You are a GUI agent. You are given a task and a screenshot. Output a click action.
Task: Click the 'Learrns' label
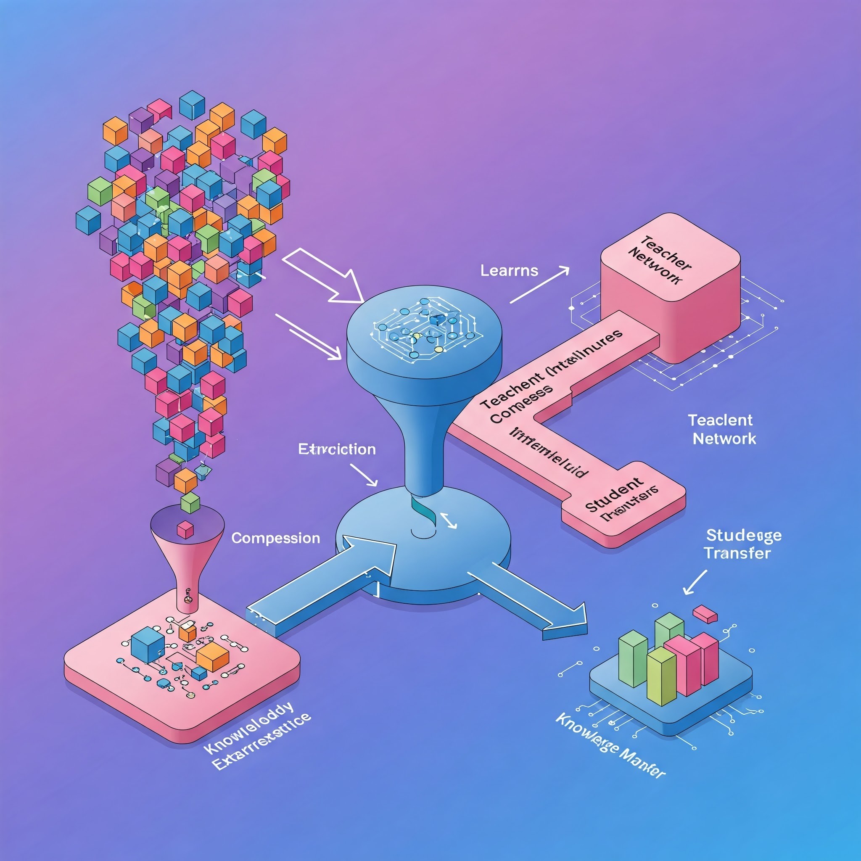pos(509,270)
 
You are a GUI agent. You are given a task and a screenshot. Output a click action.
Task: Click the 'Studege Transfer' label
pos(743,544)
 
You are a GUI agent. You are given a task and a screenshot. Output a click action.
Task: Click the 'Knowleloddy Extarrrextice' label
pos(256,734)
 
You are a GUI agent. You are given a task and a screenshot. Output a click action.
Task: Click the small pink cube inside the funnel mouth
pos(185,529)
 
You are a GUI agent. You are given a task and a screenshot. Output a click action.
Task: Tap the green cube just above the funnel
pos(190,503)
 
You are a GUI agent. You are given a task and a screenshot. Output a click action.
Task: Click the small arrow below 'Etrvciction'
pos(364,475)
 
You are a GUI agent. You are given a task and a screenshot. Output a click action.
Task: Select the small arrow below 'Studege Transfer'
pos(695,581)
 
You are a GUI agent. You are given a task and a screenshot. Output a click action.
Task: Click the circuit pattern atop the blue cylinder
pos(423,330)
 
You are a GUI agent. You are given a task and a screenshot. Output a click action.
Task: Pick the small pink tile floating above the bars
pos(705,614)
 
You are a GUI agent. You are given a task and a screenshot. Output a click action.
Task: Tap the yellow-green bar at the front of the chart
pos(661,676)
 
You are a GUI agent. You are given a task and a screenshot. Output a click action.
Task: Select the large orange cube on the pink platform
pos(213,656)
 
